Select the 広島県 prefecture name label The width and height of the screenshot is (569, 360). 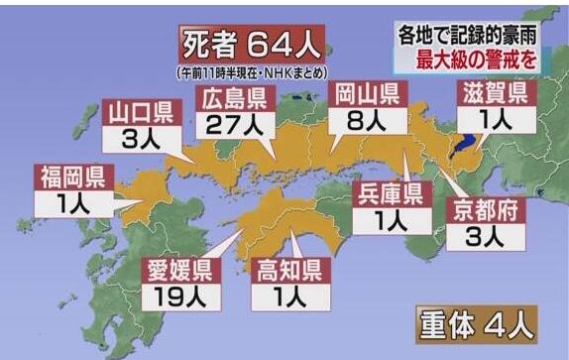pyautogui.click(x=236, y=100)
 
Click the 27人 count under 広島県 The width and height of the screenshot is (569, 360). pyautogui.click(x=236, y=126)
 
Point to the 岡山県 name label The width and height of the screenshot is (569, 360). pyautogui.click(x=364, y=97)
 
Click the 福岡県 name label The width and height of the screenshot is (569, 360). pyautogui.click(x=72, y=179)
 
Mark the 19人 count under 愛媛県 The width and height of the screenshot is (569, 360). pyautogui.click(x=177, y=295)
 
